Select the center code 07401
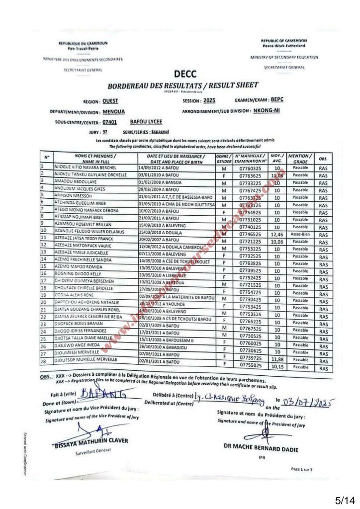(x=109, y=122)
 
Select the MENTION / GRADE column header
(x=300, y=158)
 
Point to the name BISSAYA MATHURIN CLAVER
(x=91, y=441)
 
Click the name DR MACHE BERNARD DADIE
(x=261, y=449)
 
